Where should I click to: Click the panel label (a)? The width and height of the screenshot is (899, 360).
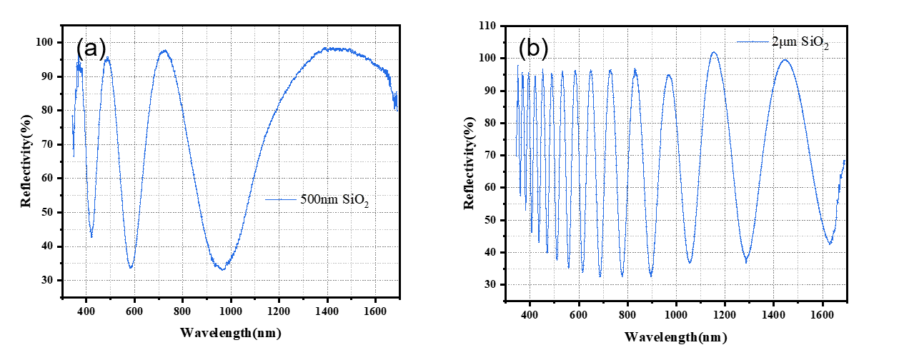[91, 49]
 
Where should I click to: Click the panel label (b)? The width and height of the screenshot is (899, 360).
[533, 47]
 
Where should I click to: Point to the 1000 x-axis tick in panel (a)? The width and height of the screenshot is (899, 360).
[231, 311]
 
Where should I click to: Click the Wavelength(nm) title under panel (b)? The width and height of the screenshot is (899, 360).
[676, 336]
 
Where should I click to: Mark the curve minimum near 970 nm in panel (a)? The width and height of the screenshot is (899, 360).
[223, 269]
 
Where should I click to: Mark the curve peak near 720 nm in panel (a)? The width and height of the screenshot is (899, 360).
[164, 51]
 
